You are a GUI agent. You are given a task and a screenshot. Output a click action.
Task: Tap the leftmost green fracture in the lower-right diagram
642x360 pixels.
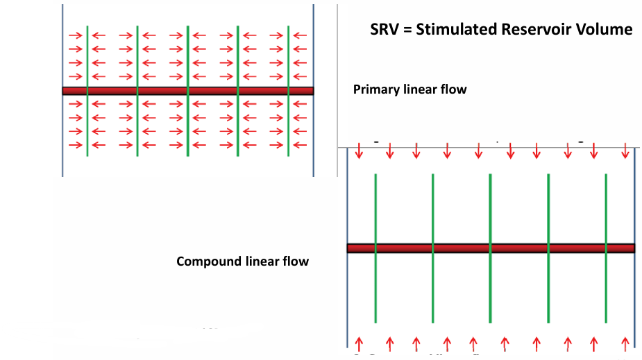point(375,208)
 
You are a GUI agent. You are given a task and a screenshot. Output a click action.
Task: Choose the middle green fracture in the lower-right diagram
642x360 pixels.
point(491,208)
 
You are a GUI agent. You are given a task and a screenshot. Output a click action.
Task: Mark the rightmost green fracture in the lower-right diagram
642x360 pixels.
point(606,208)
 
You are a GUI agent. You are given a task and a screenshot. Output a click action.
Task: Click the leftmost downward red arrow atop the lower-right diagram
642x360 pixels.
point(359,151)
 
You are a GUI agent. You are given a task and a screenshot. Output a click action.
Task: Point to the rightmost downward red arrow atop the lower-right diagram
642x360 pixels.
point(625,151)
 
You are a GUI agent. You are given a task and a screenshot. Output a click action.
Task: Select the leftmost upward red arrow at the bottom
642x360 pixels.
point(359,342)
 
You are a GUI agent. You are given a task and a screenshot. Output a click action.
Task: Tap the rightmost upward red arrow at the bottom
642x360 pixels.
point(625,342)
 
